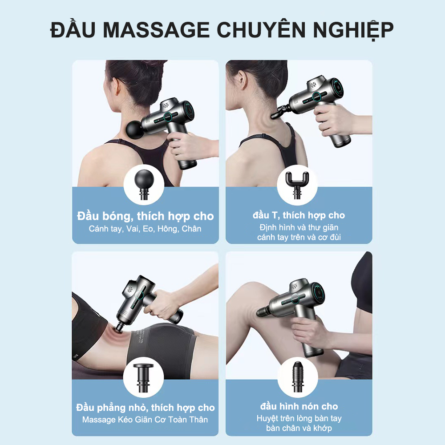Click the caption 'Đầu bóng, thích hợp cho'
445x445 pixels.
pyautogui.click(x=146, y=217)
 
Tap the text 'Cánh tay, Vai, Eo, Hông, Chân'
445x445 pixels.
pyautogui.click(x=146, y=229)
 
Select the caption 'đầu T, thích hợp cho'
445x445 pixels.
pyautogui.click(x=299, y=215)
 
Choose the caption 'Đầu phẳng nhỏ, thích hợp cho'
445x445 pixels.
pyautogui.click(x=146, y=408)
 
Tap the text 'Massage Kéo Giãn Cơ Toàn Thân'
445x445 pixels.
pyautogui.click(x=146, y=420)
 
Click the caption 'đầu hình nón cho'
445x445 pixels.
pyautogui.click(x=299, y=406)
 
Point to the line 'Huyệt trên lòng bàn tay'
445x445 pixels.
pyautogui.click(x=299, y=418)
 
